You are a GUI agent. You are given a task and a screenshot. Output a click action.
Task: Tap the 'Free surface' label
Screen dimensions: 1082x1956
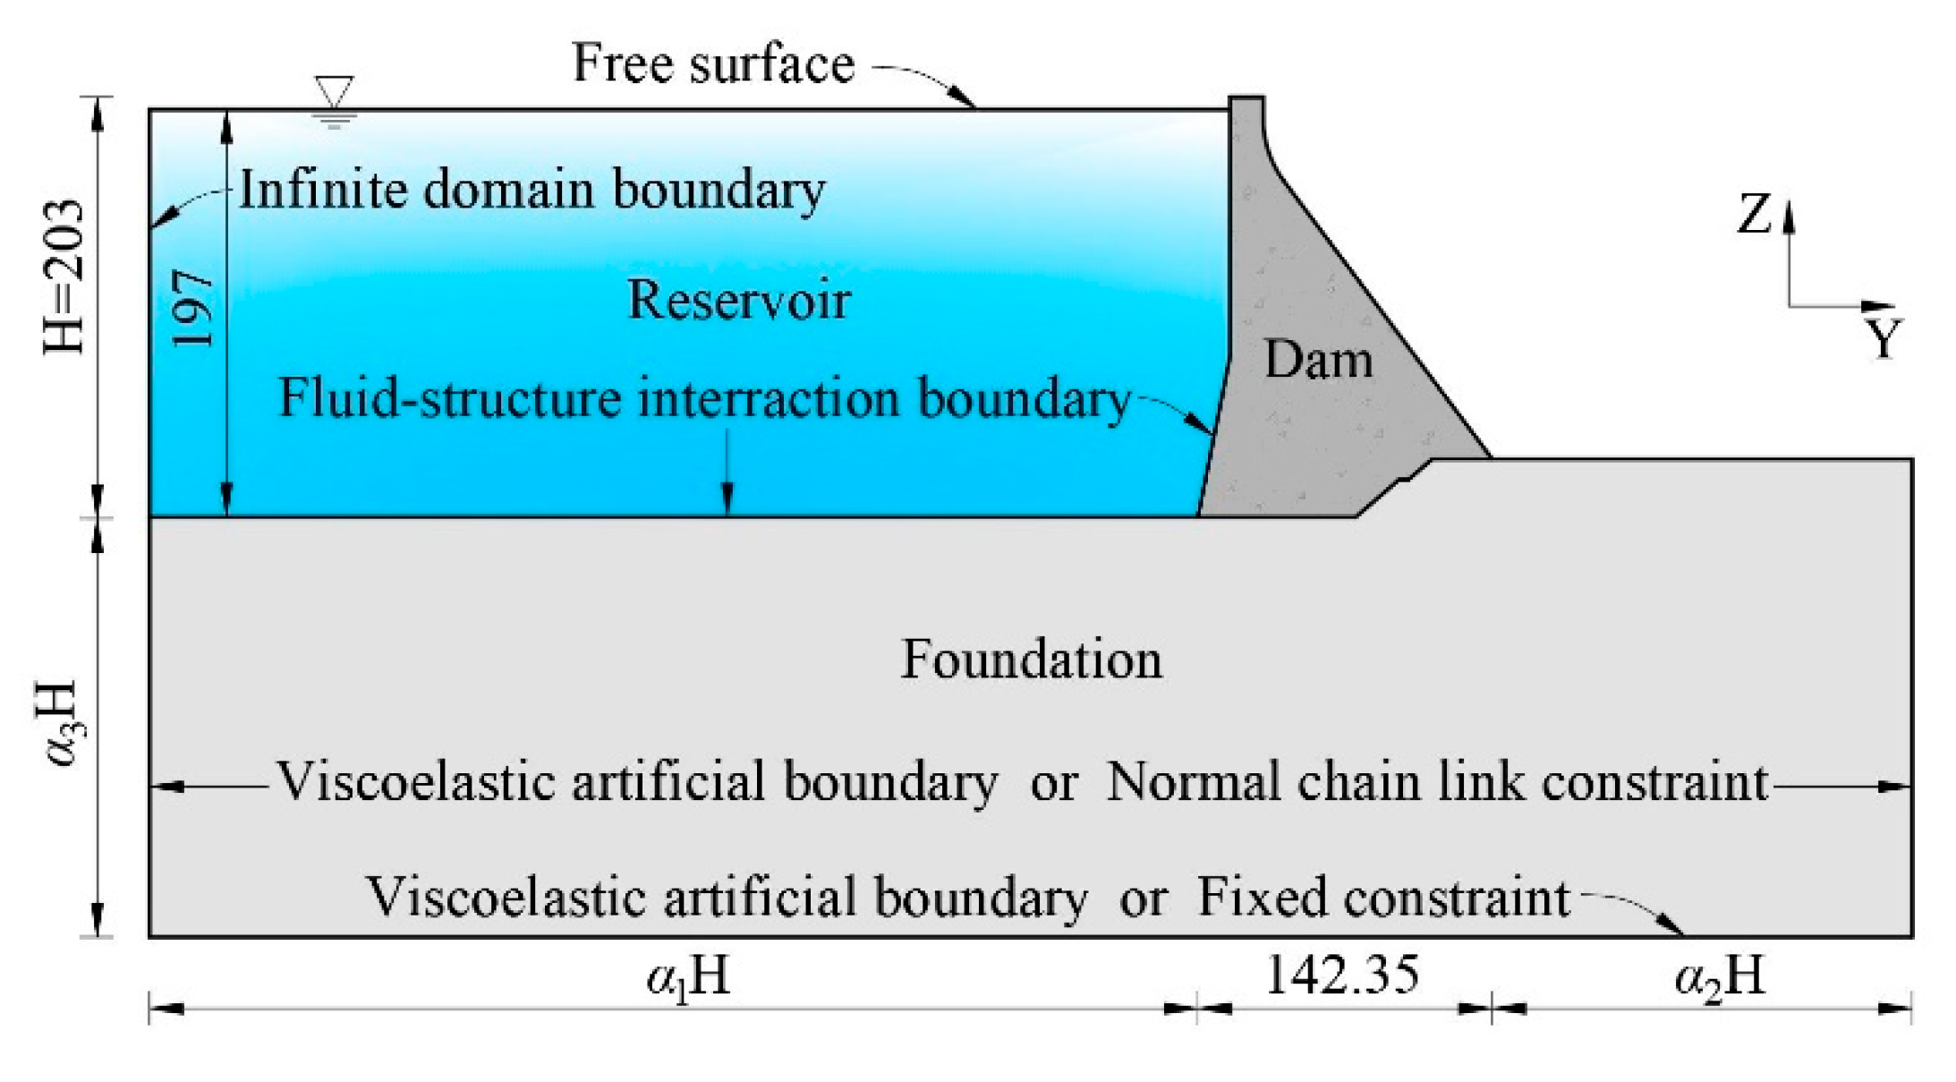[x=713, y=64]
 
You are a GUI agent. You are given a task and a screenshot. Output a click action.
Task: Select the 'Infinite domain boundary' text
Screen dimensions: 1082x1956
[x=532, y=191]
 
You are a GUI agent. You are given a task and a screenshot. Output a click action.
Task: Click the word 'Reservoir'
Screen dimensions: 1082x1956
[x=738, y=300]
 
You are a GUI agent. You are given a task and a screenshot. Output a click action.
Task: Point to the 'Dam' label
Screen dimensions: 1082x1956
[x=1318, y=361]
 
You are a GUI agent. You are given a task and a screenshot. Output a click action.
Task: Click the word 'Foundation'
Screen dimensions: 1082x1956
[x=1031, y=660]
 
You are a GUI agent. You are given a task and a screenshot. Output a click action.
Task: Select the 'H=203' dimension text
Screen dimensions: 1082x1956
[x=65, y=277]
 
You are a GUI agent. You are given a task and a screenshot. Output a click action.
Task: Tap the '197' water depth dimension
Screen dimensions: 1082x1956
[x=192, y=309]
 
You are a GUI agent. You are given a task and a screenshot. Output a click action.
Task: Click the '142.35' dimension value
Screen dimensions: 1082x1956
[x=1341, y=975]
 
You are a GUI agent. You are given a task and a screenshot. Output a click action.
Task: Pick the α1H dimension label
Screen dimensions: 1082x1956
[x=688, y=976]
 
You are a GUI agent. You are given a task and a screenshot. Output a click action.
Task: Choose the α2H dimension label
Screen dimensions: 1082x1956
[x=1719, y=976]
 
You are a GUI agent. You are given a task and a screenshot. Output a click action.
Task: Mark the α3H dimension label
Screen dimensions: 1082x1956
[x=63, y=724]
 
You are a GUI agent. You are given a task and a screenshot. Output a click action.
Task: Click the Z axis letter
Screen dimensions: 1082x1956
[x=1754, y=215]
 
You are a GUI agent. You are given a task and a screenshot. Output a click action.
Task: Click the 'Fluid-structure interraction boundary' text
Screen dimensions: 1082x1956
[x=705, y=399]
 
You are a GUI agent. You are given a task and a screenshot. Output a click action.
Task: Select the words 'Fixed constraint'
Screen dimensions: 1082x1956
[x=1383, y=898]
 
